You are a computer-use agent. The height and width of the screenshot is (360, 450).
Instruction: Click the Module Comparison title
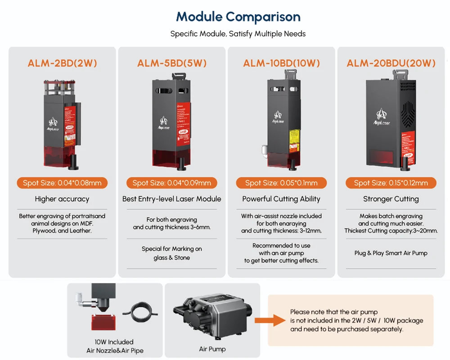[x=238, y=17]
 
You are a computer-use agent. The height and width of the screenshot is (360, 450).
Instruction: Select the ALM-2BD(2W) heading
[x=62, y=63]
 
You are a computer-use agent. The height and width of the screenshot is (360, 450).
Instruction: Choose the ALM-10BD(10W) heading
[x=281, y=63]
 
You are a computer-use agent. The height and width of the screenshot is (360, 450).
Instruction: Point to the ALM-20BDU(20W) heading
[x=391, y=63]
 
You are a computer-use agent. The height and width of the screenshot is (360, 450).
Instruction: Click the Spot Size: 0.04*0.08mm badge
[x=62, y=183]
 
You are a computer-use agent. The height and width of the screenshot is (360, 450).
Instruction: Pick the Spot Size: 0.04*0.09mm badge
[x=171, y=183]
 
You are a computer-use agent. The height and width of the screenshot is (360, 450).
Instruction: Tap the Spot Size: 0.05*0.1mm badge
[x=281, y=183]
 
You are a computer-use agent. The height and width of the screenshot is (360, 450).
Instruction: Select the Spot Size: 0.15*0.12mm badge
[x=391, y=183]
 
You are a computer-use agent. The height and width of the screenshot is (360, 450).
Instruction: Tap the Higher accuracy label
[x=62, y=199]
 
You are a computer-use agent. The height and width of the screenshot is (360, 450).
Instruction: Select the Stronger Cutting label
[x=391, y=199]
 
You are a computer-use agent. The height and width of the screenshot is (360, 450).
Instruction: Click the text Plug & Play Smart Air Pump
[x=391, y=253]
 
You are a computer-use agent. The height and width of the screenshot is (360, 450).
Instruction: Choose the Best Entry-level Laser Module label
[x=171, y=199]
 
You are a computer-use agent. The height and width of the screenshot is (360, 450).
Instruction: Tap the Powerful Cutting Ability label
[x=281, y=199]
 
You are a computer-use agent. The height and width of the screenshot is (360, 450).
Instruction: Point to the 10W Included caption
[x=114, y=342]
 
